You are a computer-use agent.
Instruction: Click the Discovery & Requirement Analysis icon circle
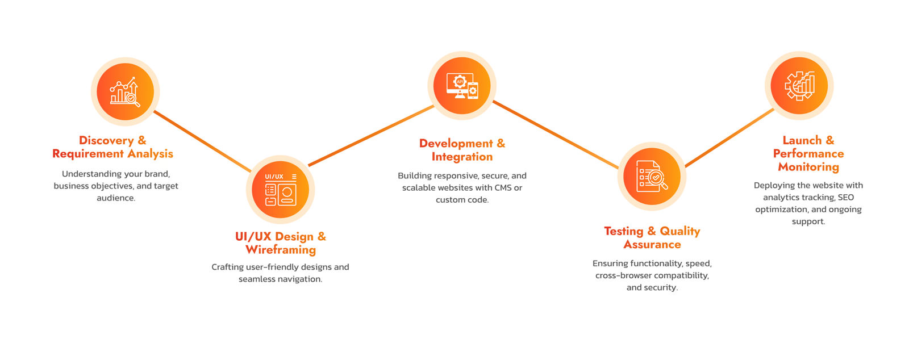pos(125,91)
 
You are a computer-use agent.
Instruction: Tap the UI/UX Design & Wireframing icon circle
pos(280,189)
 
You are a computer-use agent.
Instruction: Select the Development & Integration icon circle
pos(462,86)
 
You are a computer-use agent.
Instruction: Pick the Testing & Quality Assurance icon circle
pos(652,177)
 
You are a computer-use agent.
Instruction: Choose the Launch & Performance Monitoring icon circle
pos(799,86)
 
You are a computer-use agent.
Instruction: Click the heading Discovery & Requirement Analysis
pos(112,147)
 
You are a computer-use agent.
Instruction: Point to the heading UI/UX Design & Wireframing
pos(281,243)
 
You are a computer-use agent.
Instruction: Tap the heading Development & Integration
pos(462,150)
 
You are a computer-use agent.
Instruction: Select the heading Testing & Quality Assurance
pos(652,238)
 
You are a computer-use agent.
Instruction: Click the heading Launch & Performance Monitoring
pos(808,153)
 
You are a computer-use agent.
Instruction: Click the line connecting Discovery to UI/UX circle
pos(202,141)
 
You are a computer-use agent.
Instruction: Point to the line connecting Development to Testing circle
pos(556,135)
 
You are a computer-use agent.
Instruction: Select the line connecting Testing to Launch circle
pos(729,138)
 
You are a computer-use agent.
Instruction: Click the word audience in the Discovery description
pos(116,198)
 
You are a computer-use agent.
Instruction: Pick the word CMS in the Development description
pos(503,188)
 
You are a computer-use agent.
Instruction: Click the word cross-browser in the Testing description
pos(623,276)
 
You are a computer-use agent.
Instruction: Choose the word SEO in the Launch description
pos(846,198)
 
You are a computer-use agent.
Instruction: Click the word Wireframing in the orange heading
pos(281,250)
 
